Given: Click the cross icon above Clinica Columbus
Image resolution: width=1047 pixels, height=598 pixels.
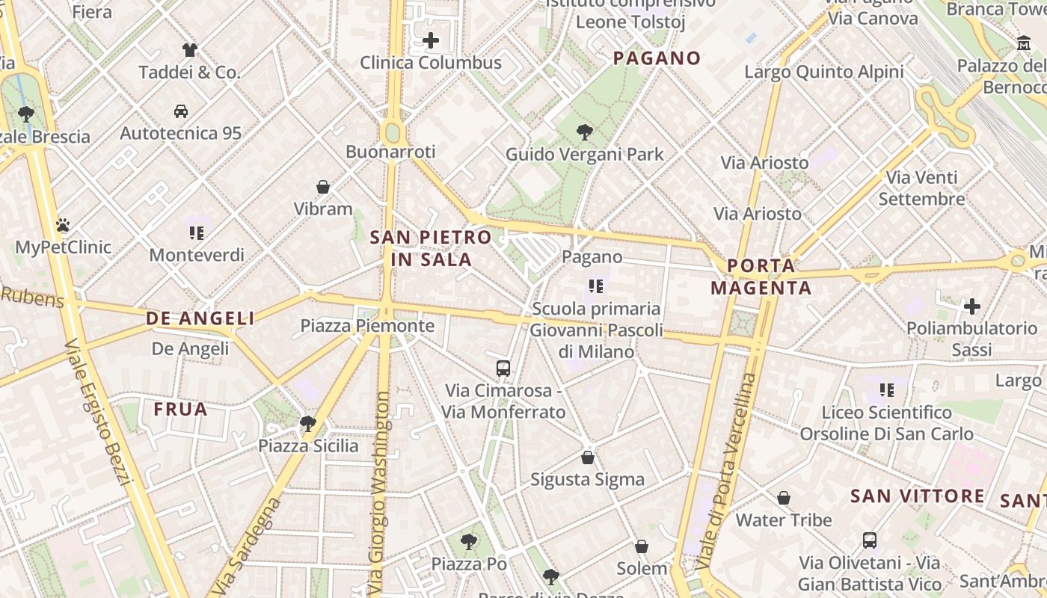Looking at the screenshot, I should pos(431,40).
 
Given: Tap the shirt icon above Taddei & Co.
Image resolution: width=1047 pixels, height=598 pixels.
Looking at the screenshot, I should pos(190,50).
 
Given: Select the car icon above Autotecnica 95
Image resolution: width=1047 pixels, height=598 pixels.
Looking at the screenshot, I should pos(181,111).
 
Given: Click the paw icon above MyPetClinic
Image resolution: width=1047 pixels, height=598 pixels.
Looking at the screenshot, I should pos(63,224).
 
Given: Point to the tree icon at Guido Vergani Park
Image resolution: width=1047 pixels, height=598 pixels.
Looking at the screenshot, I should pos(585,132).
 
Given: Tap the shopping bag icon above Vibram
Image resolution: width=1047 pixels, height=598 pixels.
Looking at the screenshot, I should pos(323,186).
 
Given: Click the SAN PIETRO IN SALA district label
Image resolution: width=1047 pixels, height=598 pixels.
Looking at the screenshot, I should pos(432,248).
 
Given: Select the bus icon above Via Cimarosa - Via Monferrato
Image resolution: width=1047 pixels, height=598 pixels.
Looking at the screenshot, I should pos(503,368).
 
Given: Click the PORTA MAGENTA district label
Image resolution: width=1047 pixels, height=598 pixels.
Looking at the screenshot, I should pos(761,277).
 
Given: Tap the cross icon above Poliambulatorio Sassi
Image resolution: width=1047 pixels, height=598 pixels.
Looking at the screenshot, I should pos(972,306).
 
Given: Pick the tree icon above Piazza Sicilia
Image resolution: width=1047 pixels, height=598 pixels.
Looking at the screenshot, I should pos(307,424).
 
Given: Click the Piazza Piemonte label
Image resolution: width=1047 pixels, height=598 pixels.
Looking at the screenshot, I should pos(367,326).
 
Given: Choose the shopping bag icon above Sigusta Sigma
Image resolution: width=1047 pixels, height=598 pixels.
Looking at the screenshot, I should pos(588,457).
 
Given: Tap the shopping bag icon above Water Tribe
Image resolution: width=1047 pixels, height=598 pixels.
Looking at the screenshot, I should pos(784,498).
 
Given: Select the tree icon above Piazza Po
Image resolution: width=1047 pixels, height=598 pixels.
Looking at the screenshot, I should pos(469,541).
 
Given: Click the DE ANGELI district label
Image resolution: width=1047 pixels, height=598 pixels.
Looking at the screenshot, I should pos(200,318).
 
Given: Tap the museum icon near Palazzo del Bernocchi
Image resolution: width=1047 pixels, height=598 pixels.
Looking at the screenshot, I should pos(1023,44).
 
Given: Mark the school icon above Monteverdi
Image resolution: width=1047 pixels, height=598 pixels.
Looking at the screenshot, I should pos(197,232).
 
